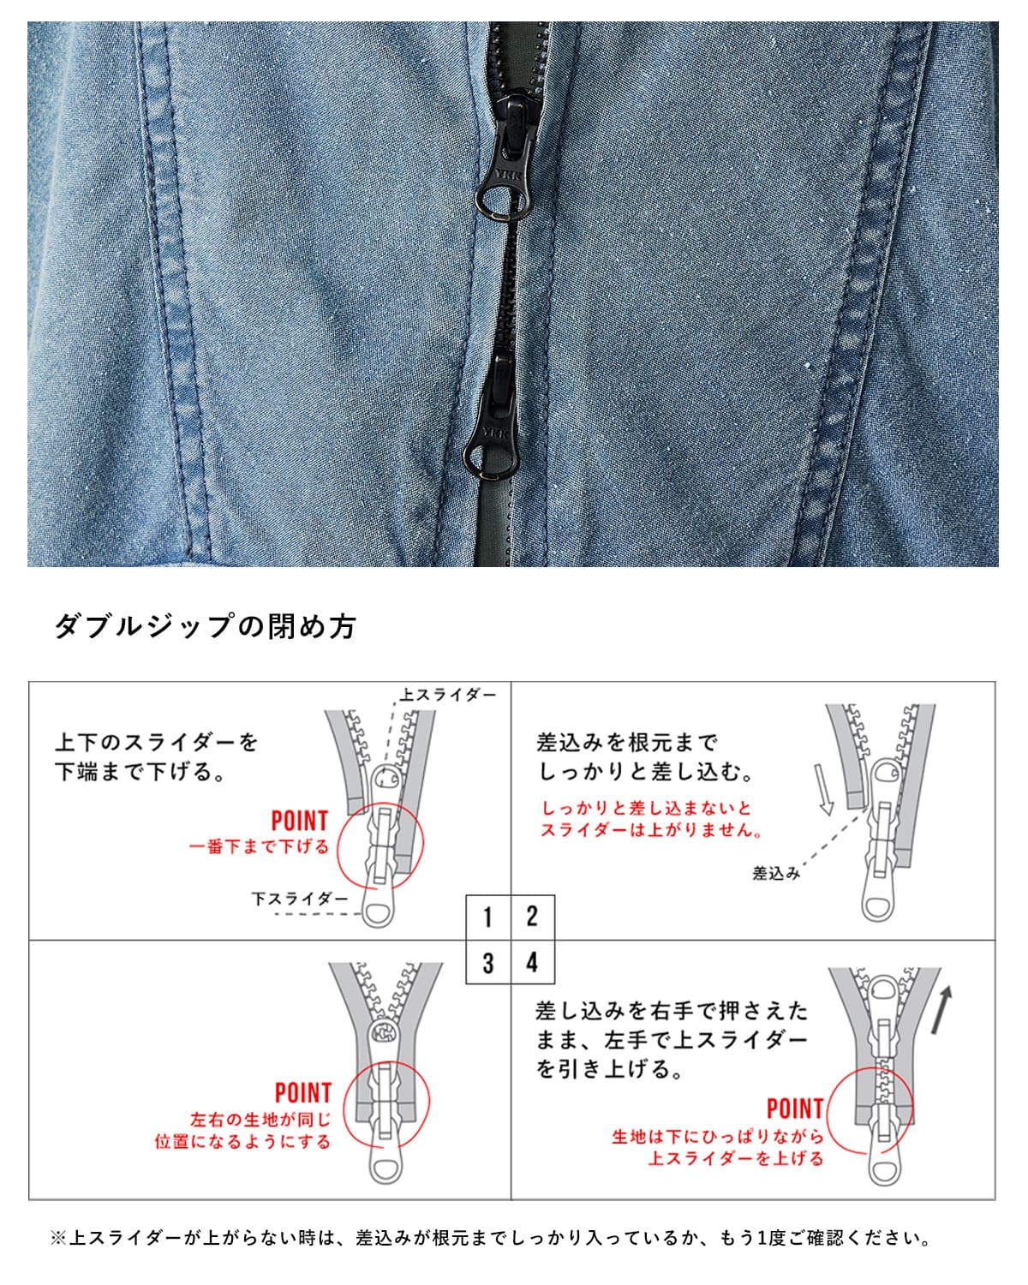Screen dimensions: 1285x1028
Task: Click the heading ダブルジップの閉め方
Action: [205, 626]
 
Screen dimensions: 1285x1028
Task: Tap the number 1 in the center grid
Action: [487, 917]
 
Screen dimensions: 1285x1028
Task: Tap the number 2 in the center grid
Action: [532, 917]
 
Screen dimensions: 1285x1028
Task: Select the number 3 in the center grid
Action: [487, 962]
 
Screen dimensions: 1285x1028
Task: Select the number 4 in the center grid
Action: [532, 962]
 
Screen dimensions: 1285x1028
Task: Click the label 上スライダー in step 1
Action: [447, 695]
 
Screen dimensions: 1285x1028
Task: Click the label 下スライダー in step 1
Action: [300, 899]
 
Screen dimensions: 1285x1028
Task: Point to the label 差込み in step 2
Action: [775, 873]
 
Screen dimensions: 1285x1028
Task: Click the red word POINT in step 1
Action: [299, 821]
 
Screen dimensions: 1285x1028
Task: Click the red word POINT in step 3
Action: [302, 1093]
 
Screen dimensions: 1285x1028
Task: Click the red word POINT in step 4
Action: [794, 1109]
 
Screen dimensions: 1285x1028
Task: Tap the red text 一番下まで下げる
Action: [259, 846]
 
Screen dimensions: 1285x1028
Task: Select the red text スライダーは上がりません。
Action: [651, 830]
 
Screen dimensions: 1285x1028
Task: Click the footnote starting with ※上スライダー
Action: [490, 1238]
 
